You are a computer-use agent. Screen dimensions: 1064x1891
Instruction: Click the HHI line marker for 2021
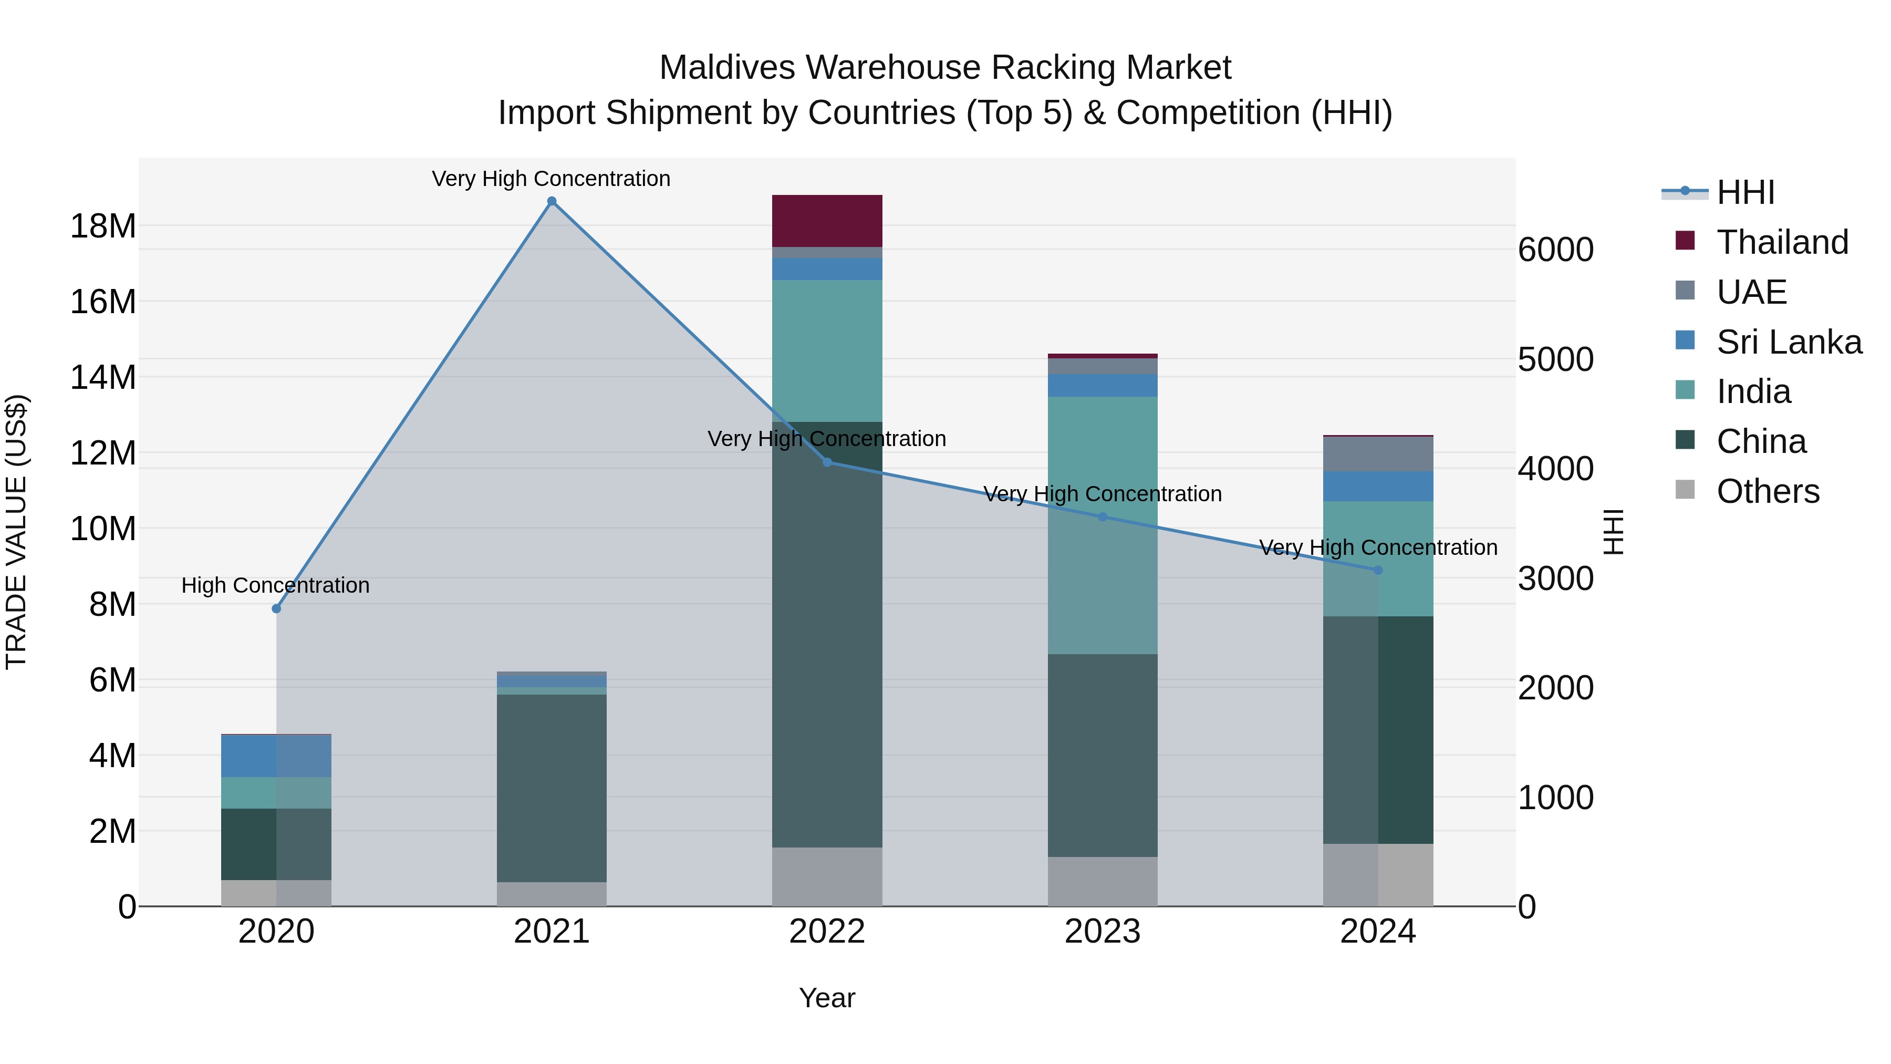(552, 201)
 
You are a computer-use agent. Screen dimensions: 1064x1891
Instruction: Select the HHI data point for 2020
(276, 609)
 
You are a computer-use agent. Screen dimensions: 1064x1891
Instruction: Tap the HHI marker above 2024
(1377, 570)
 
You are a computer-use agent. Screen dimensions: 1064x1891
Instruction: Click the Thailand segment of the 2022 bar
(827, 220)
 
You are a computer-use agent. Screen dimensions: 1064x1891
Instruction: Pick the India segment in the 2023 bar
(1102, 525)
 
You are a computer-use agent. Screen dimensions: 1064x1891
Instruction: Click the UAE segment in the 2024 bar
(1377, 454)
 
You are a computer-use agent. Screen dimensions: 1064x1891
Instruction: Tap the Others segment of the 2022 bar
(827, 877)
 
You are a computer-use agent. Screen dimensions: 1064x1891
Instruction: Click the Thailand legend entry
(1782, 242)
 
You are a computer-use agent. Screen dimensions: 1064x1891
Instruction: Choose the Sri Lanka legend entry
(1788, 342)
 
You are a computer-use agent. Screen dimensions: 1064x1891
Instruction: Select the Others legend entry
(1767, 491)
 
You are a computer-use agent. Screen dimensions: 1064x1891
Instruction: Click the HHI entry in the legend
(1745, 192)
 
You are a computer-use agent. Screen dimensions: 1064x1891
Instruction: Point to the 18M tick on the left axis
(103, 226)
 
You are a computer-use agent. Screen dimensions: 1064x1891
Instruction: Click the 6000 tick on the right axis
(1555, 250)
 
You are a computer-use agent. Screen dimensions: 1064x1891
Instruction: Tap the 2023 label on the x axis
(1102, 932)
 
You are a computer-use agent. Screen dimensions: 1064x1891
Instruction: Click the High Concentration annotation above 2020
(275, 585)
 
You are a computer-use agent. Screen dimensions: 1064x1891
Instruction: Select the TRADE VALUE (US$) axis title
(16, 532)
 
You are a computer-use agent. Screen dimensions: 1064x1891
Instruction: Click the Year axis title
(827, 998)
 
